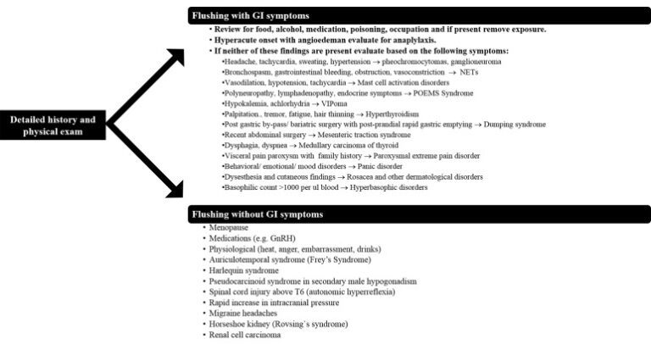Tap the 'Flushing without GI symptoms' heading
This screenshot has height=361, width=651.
click(257, 214)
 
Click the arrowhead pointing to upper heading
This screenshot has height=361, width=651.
click(176, 58)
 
